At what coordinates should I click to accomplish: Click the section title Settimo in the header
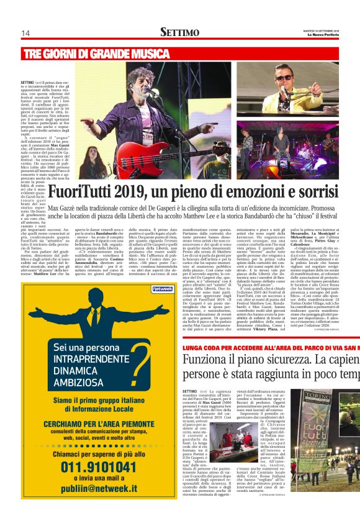tap(179, 32)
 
